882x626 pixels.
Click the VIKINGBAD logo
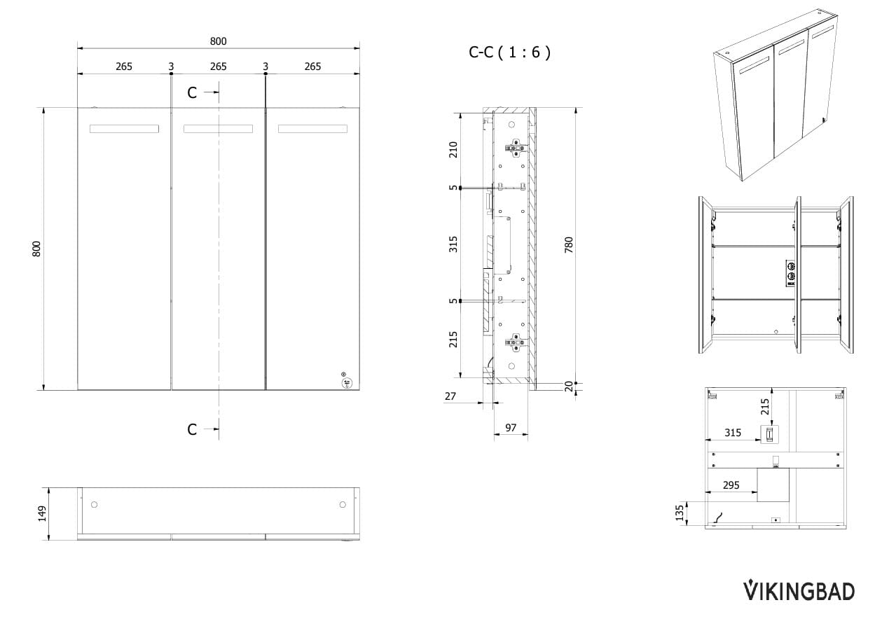tap(799, 591)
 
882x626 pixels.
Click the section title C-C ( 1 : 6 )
tap(509, 52)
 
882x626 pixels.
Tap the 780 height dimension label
tap(569, 245)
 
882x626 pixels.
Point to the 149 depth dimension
tap(42, 514)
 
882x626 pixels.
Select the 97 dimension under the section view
tap(511, 428)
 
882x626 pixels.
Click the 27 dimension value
tap(450, 396)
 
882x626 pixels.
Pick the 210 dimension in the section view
tap(453, 150)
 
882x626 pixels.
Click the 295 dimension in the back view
tap(731, 485)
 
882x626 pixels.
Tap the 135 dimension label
tap(680, 513)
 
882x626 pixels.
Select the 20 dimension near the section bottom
tap(569, 387)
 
